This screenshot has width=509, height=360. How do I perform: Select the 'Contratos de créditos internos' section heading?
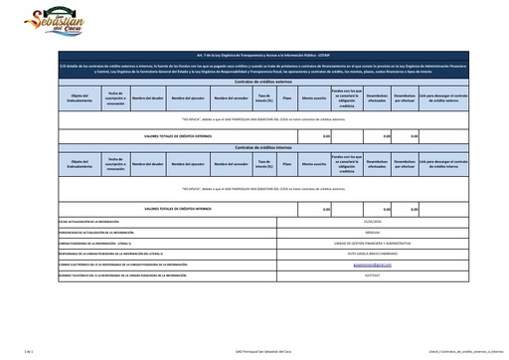click(x=255, y=147)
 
